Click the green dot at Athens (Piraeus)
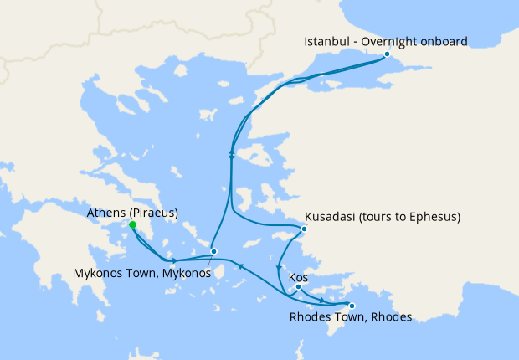coord(133,225)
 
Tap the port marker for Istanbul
coord(387,55)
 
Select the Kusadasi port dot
coord(305,229)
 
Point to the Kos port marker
coord(298,287)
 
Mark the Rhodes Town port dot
coord(352,306)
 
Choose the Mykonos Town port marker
coord(213,251)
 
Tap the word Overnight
coord(390,42)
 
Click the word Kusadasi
coord(332,217)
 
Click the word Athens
coord(107,213)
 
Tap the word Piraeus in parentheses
coord(154,213)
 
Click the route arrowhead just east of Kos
coord(321,299)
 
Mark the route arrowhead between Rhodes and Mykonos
coord(241,266)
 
